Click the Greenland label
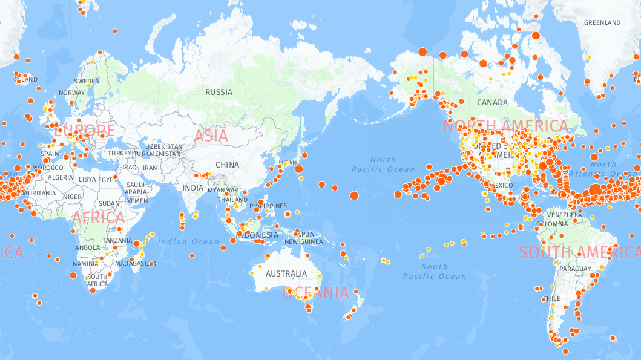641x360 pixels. tap(602, 23)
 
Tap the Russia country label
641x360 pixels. tap(219, 93)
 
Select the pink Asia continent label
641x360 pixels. tap(211, 136)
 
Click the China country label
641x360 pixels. tap(227, 165)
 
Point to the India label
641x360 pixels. tap(193, 188)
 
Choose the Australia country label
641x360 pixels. tap(286, 273)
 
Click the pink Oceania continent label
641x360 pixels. tap(316, 293)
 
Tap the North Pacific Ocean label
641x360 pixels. tap(383, 165)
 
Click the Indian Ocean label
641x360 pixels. tap(189, 242)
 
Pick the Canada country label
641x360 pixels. tap(492, 103)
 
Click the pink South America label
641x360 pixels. tap(579, 252)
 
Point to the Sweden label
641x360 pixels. tap(87, 81)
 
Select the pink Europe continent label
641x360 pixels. tap(84, 130)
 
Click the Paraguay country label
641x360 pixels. tap(575, 269)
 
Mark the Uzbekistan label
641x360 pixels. tap(163, 146)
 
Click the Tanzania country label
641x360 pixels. tap(117, 240)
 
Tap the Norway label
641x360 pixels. tap(72, 93)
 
